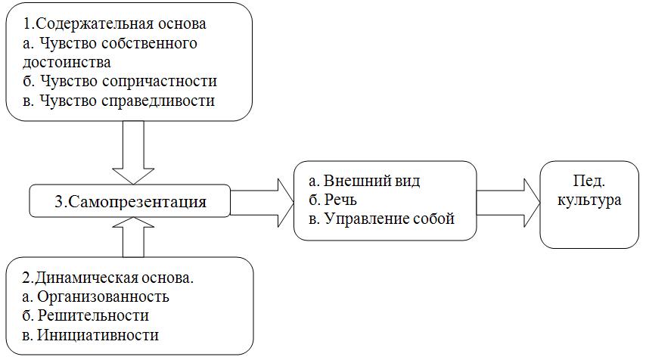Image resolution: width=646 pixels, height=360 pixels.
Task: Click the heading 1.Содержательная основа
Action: (x=115, y=23)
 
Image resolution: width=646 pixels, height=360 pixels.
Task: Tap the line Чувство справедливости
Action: (x=119, y=101)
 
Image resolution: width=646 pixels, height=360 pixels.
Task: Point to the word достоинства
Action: (x=67, y=62)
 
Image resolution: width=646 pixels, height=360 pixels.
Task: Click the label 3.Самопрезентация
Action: (x=129, y=202)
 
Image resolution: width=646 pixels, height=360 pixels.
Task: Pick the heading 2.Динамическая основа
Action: (x=109, y=277)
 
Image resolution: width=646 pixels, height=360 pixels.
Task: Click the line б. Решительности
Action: (x=85, y=315)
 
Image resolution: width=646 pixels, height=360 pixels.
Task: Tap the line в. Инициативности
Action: (x=91, y=334)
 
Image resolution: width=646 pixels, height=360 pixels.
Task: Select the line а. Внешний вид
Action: (x=365, y=182)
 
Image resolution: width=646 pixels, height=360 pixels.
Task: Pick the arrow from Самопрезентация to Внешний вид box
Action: (x=262, y=202)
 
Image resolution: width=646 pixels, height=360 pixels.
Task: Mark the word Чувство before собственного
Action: (x=64, y=43)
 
